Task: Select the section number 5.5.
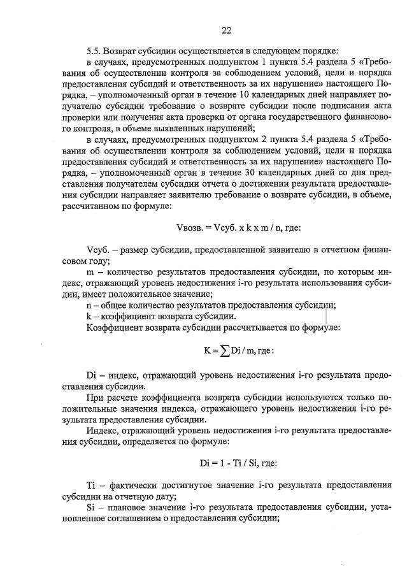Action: point(94,50)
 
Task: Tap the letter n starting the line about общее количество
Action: point(89,305)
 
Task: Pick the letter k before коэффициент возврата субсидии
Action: point(88,316)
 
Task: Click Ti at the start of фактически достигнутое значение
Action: point(90,484)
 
